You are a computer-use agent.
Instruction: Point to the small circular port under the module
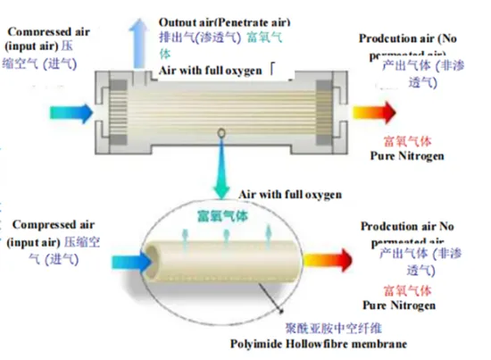pyautogui.click(x=221, y=135)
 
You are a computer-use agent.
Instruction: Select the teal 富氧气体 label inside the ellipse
pyautogui.click(x=224, y=215)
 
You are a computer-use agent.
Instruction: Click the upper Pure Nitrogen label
pyautogui.click(x=406, y=155)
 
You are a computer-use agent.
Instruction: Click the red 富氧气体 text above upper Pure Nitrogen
pyautogui.click(x=408, y=141)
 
